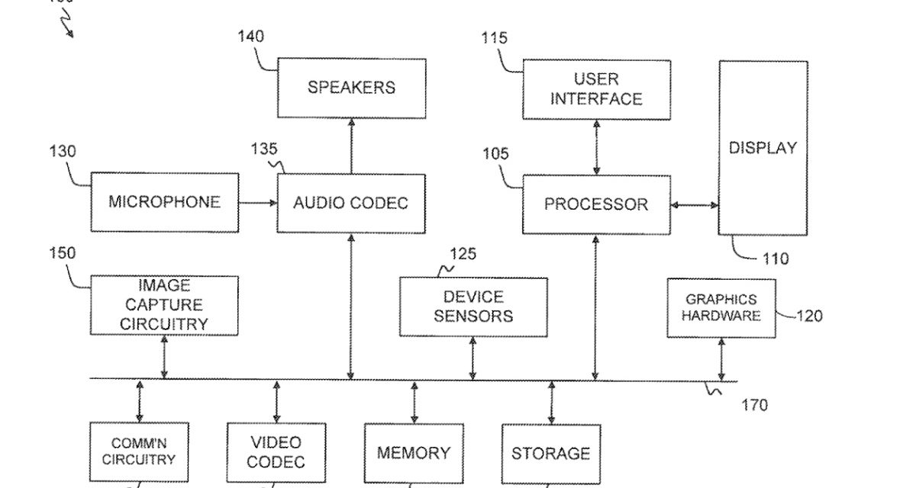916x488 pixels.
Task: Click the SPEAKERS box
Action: coord(351,88)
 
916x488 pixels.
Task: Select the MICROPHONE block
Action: coord(164,202)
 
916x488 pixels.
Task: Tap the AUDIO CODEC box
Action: coord(351,203)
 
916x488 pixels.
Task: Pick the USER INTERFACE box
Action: coord(596,89)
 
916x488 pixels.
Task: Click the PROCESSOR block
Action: coord(596,204)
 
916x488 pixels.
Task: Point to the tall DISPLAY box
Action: coord(763,148)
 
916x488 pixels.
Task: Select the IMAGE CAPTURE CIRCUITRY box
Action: coord(164,305)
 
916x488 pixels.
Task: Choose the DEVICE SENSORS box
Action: coord(473,307)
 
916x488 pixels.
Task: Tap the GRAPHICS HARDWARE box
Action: coord(721,308)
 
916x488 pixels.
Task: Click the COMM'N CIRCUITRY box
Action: coord(139,452)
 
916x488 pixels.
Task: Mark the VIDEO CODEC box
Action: coord(276,452)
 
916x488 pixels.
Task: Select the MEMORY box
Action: coord(414,453)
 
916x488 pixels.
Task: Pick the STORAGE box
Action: coord(550,454)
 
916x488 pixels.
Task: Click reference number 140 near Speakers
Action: coord(251,35)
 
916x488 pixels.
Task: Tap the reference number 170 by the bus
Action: coord(755,405)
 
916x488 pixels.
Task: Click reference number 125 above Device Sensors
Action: coord(463,254)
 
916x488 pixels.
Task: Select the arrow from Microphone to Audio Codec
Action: coord(257,203)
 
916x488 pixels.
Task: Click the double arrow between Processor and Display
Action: coord(695,204)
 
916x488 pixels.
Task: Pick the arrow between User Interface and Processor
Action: coord(596,147)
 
